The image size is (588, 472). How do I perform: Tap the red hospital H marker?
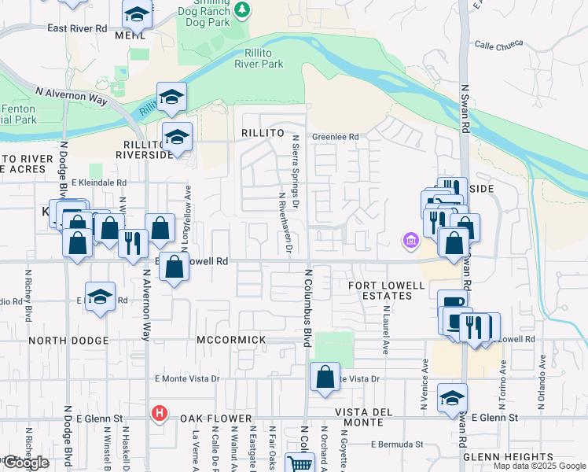pos(160,412)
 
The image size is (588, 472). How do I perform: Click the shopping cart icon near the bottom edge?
pos(300,464)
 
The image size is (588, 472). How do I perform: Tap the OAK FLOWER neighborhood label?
pos(215,419)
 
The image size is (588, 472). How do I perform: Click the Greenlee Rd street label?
pos(336,136)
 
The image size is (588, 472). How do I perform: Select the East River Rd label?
pos(77,28)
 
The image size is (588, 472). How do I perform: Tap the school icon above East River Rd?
pos(137,14)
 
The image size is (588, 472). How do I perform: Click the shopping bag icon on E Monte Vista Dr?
pos(325,377)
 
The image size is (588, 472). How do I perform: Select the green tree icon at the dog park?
pos(243,9)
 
